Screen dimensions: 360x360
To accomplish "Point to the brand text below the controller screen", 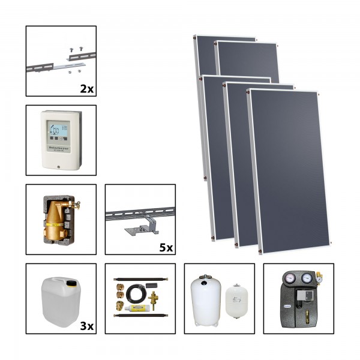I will click(x=61, y=145).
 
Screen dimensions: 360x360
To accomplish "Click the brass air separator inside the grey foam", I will click(x=56, y=222).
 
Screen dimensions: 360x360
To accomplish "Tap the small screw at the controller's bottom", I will click(x=60, y=163).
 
